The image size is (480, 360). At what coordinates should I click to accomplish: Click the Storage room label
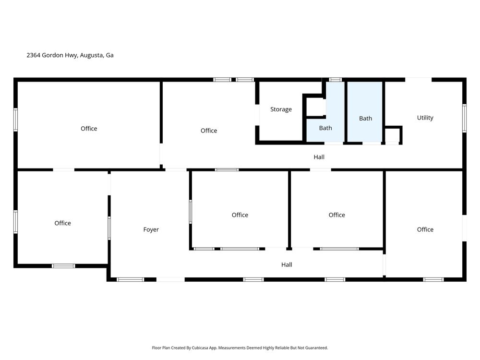pyautogui.click(x=281, y=109)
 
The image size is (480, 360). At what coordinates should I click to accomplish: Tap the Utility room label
pyautogui.click(x=425, y=118)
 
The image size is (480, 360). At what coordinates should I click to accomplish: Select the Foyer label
pyautogui.click(x=151, y=229)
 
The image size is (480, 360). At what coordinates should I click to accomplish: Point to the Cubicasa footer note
pyautogui.click(x=240, y=348)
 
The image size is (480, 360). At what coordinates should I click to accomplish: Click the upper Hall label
pyautogui.click(x=319, y=157)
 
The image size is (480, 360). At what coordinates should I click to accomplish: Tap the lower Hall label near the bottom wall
pyautogui.click(x=287, y=265)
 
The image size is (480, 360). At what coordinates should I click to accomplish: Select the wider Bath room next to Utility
pyautogui.click(x=365, y=112)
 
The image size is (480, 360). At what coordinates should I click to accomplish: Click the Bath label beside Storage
pyautogui.click(x=325, y=128)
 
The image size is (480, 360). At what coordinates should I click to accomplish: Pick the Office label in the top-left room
pyautogui.click(x=89, y=129)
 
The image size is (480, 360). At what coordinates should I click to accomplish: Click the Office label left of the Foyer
pyautogui.click(x=62, y=223)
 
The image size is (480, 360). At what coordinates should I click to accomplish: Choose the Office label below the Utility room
pyautogui.click(x=425, y=229)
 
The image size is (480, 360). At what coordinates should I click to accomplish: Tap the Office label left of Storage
pyautogui.click(x=209, y=131)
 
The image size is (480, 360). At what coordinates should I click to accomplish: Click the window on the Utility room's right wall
pyautogui.click(x=464, y=118)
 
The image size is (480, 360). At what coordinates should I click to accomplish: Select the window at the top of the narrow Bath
pyautogui.click(x=335, y=80)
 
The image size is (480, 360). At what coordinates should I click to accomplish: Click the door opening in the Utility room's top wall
pyautogui.click(x=419, y=80)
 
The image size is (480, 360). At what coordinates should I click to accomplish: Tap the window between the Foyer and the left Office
pyautogui.click(x=109, y=228)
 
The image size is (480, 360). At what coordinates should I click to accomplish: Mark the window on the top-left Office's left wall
pyautogui.click(x=16, y=120)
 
